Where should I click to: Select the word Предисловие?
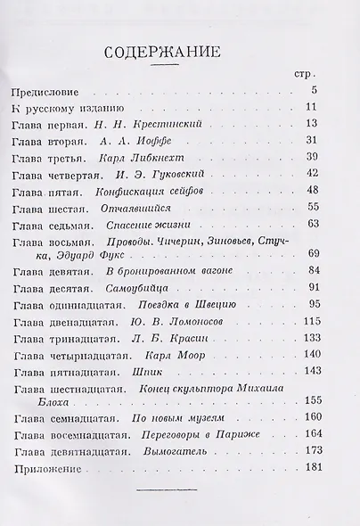[x=45, y=91]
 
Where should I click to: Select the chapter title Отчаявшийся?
[x=133, y=207]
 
